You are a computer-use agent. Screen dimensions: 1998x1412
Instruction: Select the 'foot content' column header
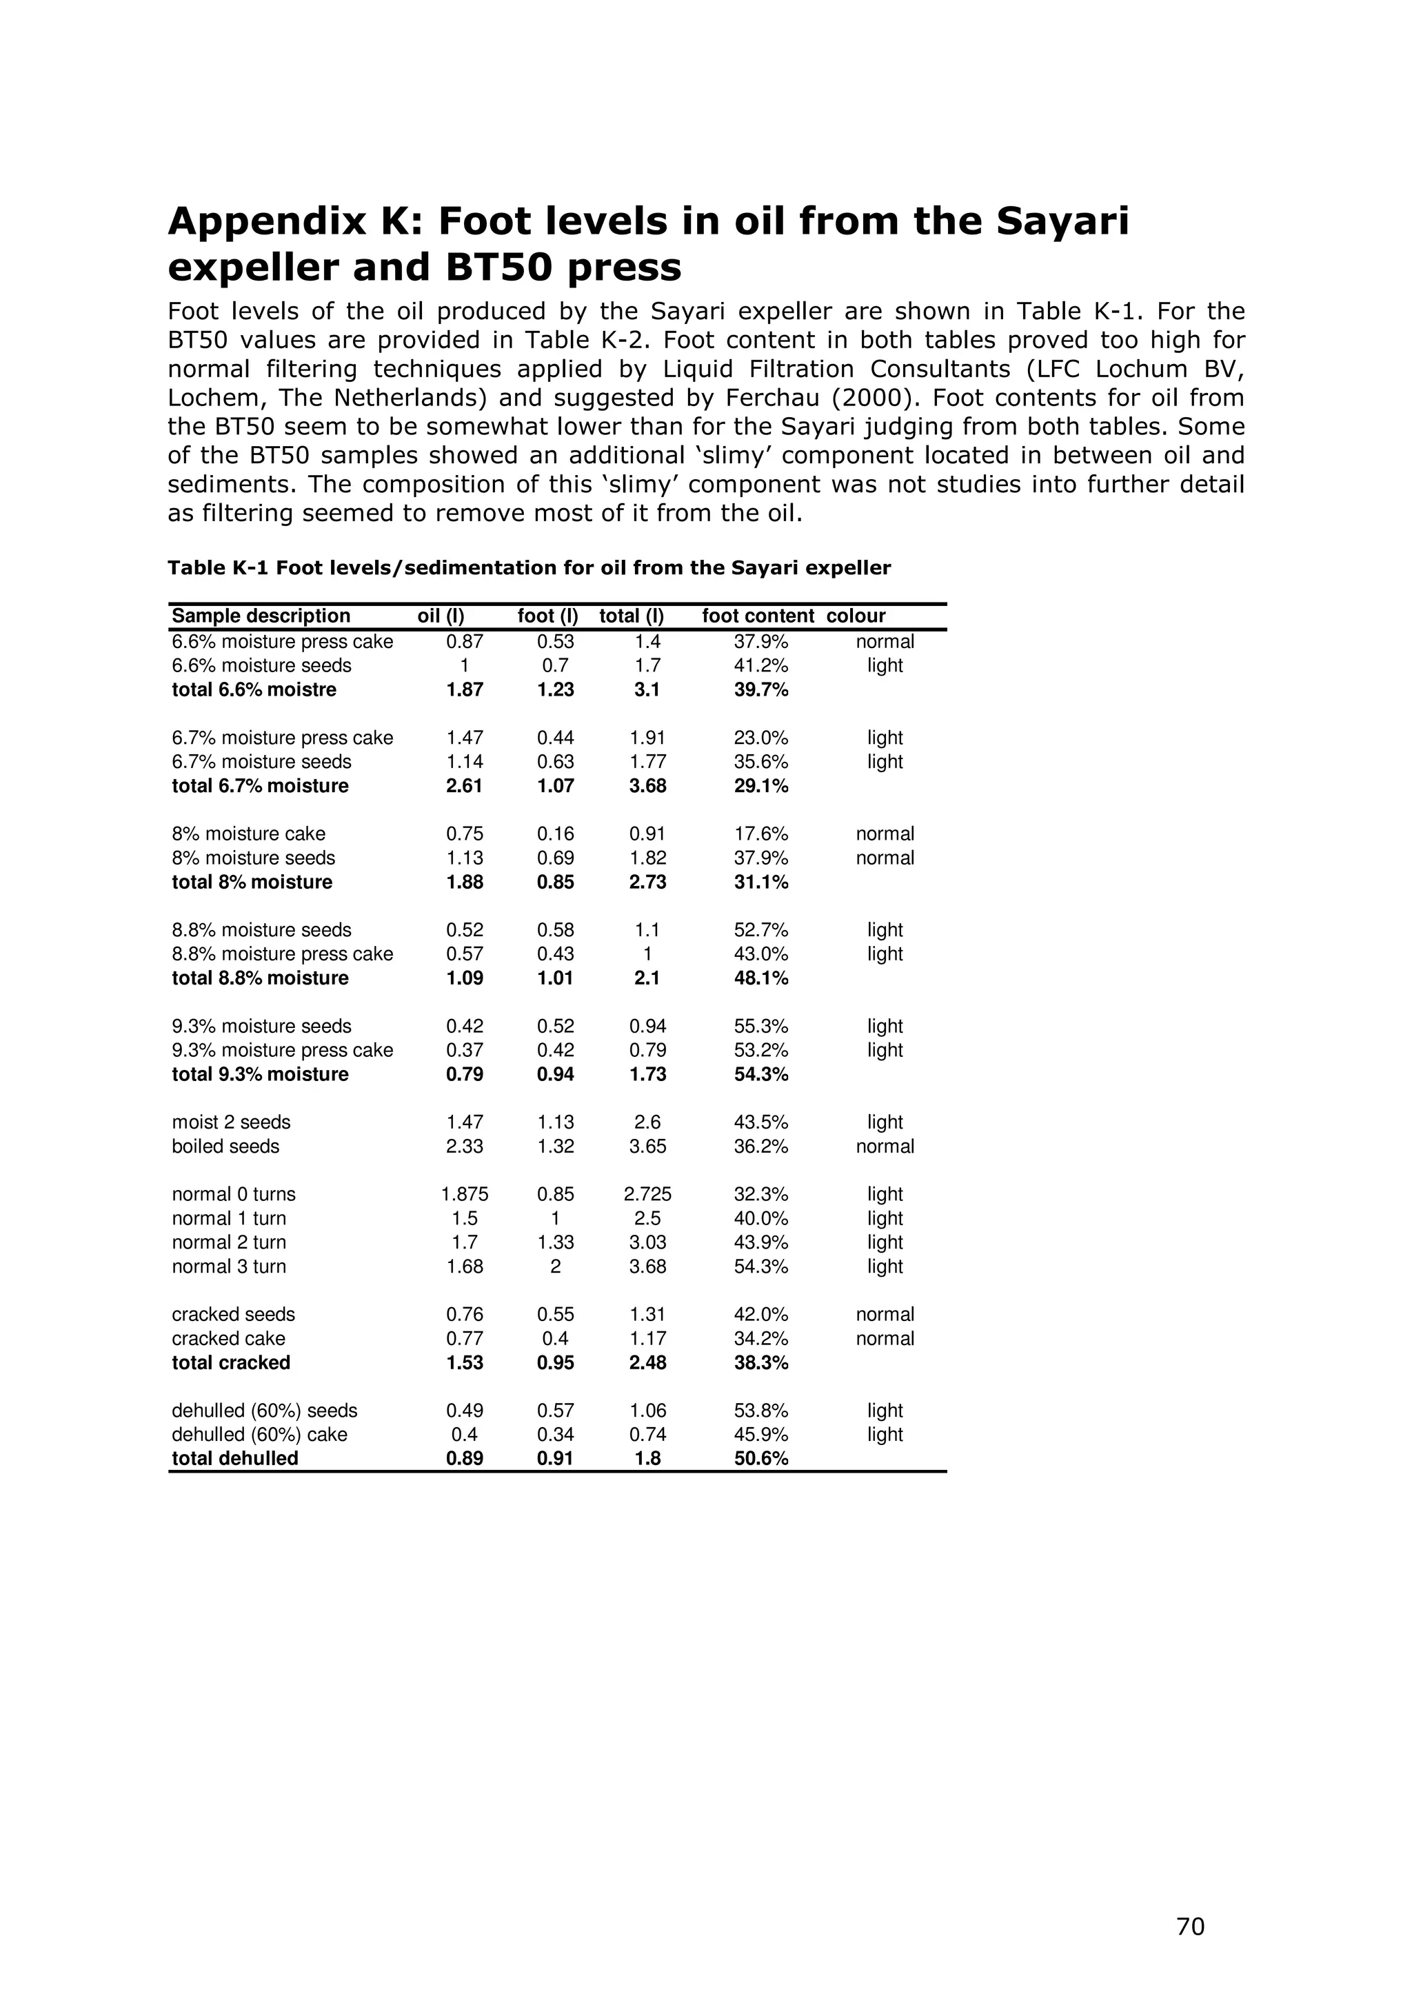(758, 616)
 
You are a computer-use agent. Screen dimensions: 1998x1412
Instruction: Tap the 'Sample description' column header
(261, 616)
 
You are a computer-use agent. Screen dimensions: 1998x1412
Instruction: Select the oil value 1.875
(465, 1194)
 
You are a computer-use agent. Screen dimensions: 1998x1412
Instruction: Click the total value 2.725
(647, 1194)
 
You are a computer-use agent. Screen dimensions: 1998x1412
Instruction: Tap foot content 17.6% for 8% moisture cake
(760, 834)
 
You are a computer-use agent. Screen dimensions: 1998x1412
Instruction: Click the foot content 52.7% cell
(760, 929)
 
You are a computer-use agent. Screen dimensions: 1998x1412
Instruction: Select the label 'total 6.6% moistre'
(253, 689)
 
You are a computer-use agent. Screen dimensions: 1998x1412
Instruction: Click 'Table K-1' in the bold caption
(217, 568)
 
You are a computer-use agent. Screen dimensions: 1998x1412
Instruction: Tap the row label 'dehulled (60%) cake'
(259, 1434)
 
